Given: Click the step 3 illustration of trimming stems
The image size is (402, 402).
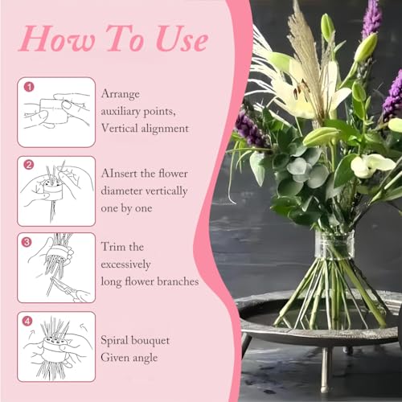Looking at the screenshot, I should (56, 266).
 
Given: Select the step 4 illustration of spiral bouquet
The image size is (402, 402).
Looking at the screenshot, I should (56, 345).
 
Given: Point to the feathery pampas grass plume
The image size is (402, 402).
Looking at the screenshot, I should (305, 48).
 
